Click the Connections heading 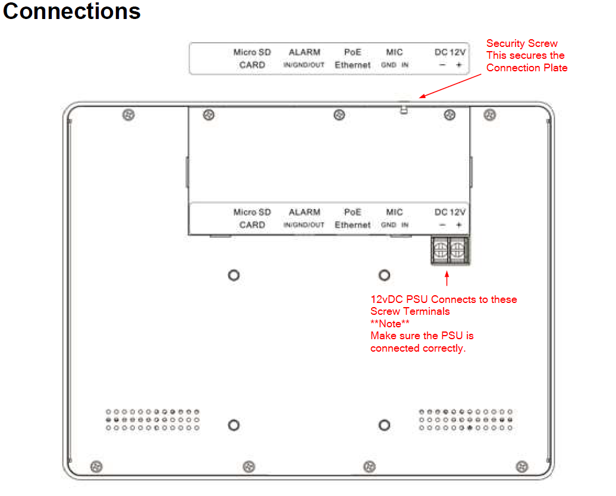point(72,11)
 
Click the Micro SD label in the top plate point(252,52)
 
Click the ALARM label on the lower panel point(304,212)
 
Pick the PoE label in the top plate point(353,52)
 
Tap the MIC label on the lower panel point(394,212)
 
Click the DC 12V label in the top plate point(450,52)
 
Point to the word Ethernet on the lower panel point(353,225)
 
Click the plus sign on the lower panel point(458,225)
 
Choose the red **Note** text point(390,324)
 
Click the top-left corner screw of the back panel point(127,115)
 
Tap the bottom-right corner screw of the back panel point(521,466)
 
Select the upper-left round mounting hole point(234,275)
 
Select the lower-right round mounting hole point(385,425)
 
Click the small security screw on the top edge point(404,109)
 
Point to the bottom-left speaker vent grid point(152,419)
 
